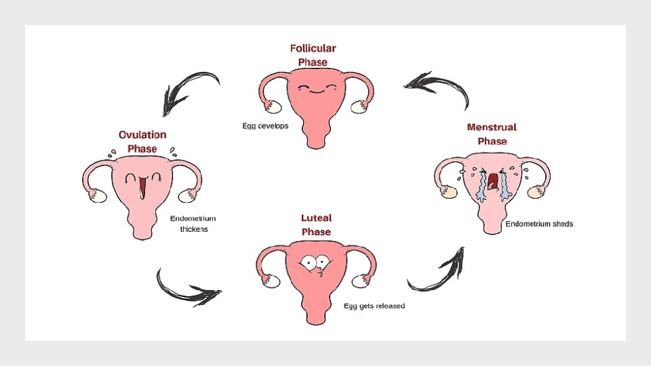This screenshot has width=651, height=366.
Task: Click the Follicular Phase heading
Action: click(x=313, y=55)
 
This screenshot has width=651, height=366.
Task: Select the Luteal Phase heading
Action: click(x=316, y=225)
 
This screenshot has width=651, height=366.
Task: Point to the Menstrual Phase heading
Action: click(x=492, y=134)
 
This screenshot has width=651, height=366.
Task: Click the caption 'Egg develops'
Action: click(x=265, y=126)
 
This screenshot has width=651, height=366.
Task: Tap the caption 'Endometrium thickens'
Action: click(x=193, y=224)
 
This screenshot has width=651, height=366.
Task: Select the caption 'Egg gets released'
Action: click(x=374, y=306)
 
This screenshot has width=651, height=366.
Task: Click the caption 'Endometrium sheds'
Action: click(x=539, y=224)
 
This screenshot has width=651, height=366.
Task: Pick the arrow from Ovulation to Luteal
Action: click(x=186, y=288)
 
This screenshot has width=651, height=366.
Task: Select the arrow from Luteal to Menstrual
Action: click(x=437, y=272)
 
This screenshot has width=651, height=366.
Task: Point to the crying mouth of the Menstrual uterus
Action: click(x=493, y=181)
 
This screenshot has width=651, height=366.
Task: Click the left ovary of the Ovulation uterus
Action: click(x=98, y=197)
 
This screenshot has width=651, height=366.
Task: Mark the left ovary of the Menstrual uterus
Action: click(x=448, y=192)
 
